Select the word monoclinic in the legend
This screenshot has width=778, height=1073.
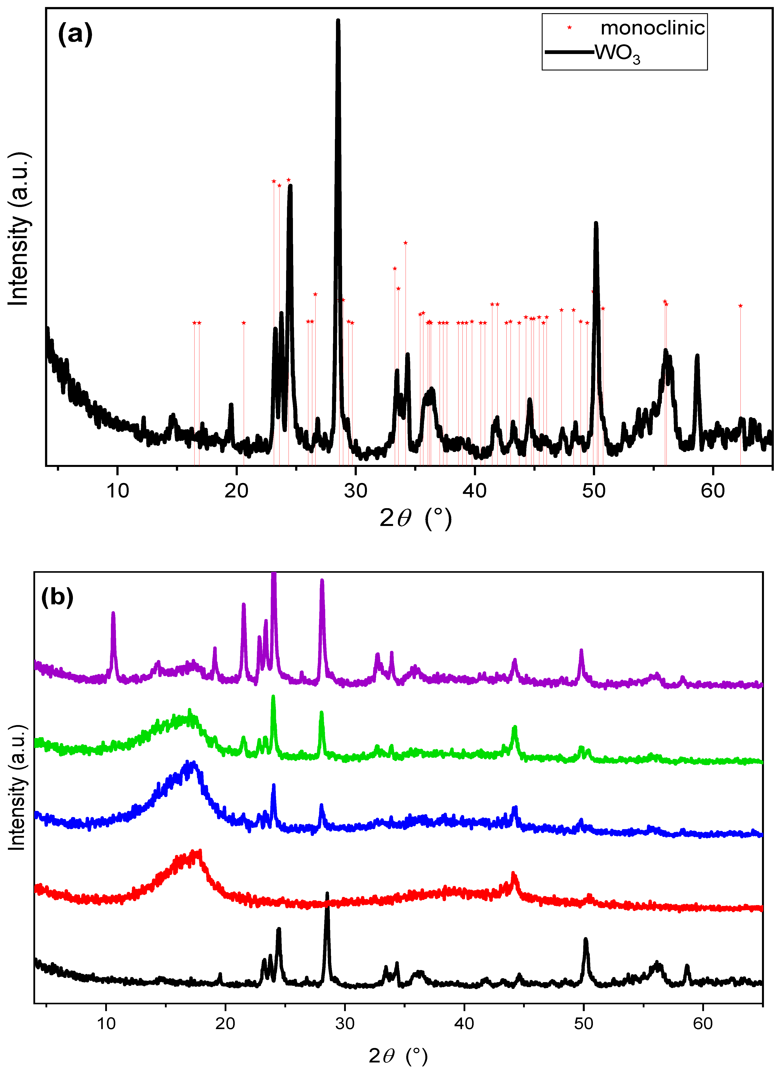[652, 28]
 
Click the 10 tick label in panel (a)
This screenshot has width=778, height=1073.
[117, 491]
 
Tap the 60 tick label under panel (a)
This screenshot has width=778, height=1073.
[713, 491]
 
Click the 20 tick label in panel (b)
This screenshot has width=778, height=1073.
[225, 1023]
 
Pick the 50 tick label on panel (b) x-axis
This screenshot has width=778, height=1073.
[583, 1023]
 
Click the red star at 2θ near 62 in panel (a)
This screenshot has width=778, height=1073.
[741, 306]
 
